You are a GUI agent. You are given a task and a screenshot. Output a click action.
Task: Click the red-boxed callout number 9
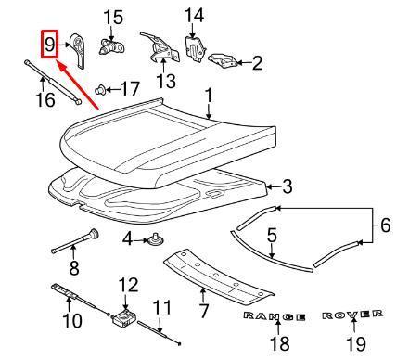pos(47,43)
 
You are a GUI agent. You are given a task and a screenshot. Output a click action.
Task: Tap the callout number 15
pos(111,16)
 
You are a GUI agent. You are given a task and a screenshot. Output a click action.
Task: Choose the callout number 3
pos(288,187)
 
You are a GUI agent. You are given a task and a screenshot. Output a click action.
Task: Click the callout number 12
pos(127,284)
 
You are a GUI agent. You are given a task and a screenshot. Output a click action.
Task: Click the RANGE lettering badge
pos(275,317)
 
